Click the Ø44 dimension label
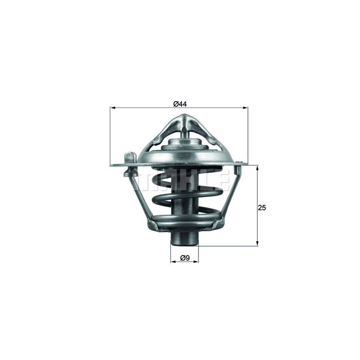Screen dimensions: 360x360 pos(180,104)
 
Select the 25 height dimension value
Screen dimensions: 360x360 pos(262,208)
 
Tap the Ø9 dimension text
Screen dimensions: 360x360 pos(184,258)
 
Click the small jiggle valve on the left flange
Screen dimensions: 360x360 pos(130,158)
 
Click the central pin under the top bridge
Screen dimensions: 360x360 pos(185,133)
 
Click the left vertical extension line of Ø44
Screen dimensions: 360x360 pos(110,135)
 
